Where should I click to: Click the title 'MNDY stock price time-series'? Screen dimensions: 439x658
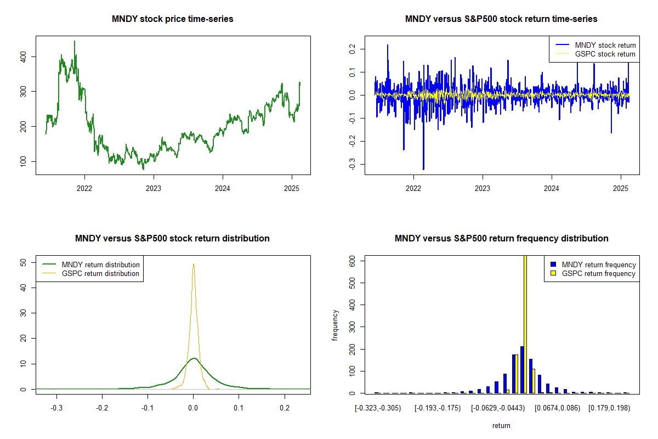coord(173,19)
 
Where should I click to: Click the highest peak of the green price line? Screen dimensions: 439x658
coord(75,42)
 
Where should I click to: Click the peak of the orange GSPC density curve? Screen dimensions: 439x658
coord(194,264)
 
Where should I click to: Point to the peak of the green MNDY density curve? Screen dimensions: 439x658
coord(194,358)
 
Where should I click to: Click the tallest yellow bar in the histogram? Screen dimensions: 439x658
coord(525,324)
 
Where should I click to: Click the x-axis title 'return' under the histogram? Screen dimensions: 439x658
coord(501,425)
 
